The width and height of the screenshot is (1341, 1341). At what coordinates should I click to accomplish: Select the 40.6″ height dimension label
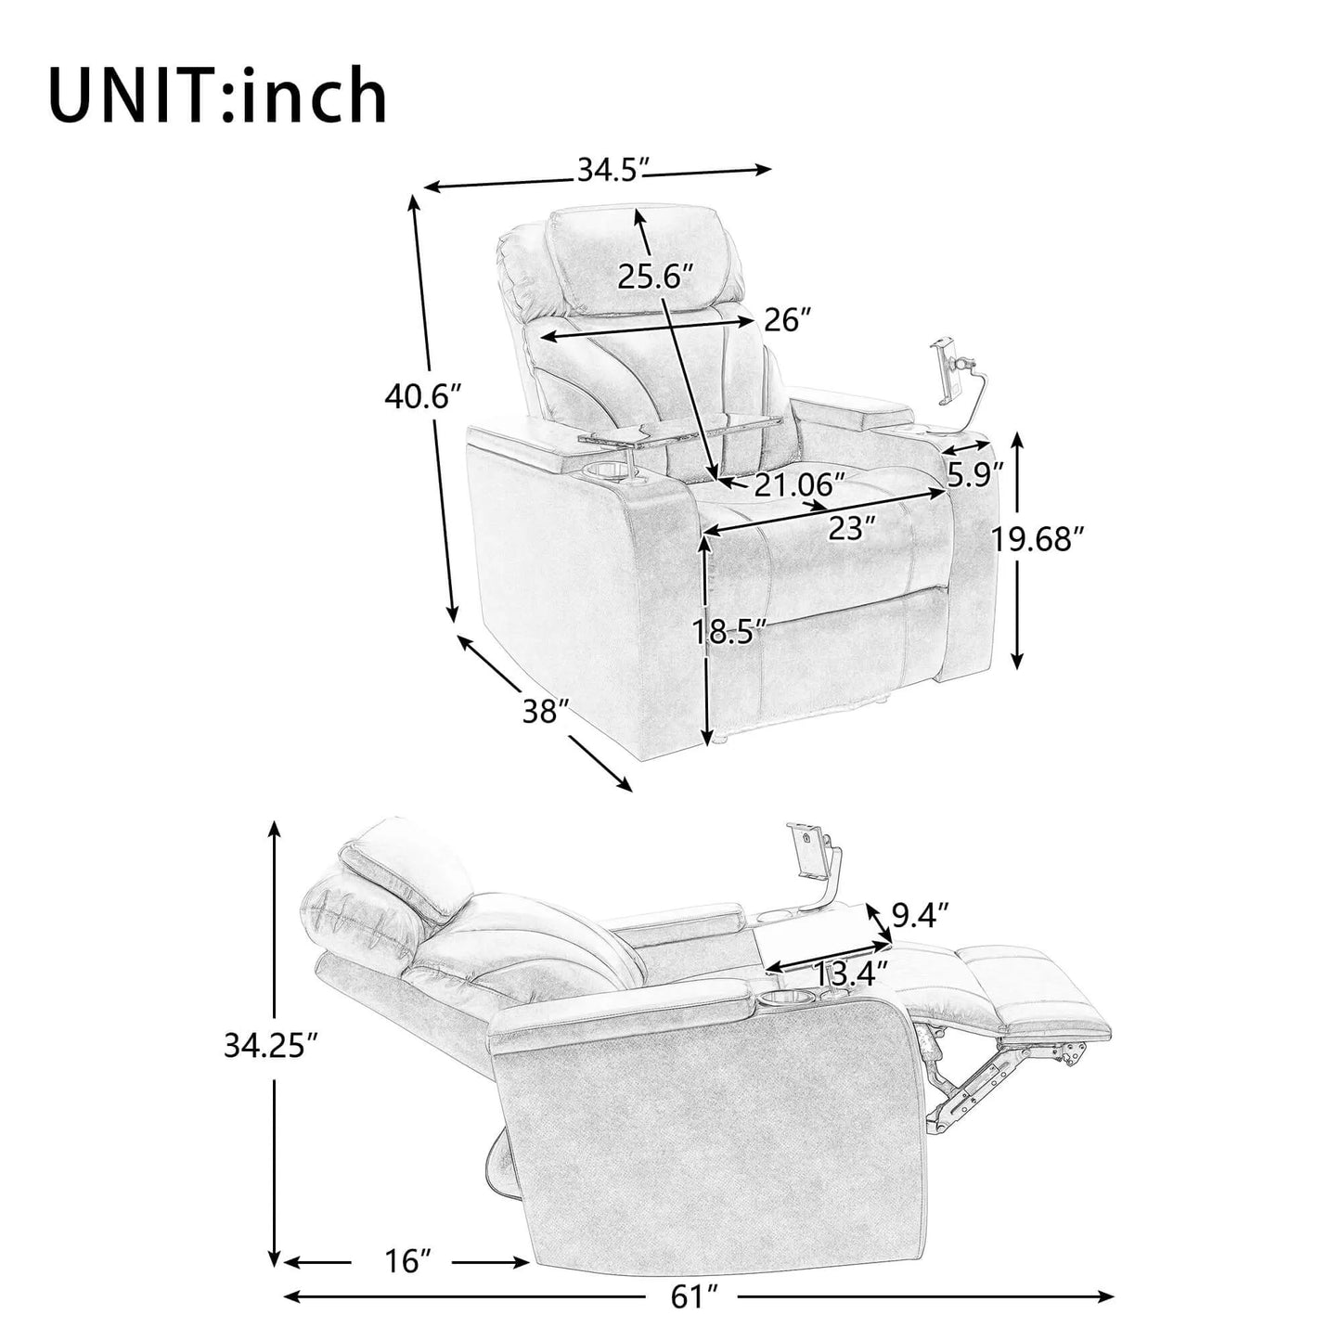(422, 397)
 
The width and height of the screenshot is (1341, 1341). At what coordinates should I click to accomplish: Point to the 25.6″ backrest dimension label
(656, 277)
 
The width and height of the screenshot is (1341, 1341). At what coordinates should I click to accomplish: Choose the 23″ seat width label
(852, 529)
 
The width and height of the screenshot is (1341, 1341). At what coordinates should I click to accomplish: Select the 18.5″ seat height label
(730, 632)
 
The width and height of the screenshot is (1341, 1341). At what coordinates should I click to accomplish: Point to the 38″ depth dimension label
(545, 712)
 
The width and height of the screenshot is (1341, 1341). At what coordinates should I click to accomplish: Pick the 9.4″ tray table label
(920, 917)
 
